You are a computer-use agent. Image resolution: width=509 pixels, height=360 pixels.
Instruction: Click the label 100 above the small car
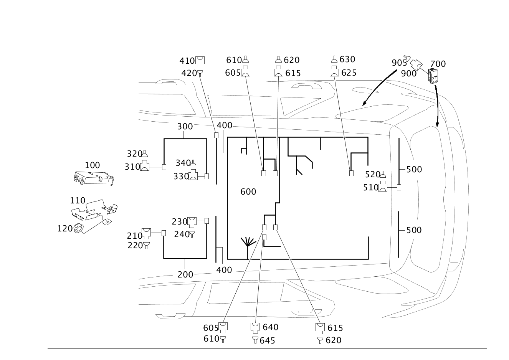coord(92,165)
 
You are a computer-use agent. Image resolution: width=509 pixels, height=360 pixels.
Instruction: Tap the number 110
coord(78,200)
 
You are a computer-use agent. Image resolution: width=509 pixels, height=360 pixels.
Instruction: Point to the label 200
coord(185,274)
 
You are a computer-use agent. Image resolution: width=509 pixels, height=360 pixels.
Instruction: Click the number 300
coord(185,126)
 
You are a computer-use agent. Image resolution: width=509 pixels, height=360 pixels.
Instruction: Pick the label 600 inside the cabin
coord(248,191)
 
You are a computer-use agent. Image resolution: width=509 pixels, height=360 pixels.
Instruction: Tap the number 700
coord(438,64)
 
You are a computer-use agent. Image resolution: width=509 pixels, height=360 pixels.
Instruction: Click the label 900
coord(408,74)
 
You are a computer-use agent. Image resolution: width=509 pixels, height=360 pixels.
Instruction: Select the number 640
coord(271,327)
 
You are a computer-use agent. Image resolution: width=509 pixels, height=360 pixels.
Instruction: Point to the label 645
coord(267,340)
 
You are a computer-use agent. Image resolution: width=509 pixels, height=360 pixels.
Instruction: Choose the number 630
coord(347,59)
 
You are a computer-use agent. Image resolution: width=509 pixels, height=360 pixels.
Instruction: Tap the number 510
coord(370,187)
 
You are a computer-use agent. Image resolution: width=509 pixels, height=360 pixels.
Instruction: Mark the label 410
coord(187,60)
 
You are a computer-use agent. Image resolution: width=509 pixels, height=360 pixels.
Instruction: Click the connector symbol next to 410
coord(200,61)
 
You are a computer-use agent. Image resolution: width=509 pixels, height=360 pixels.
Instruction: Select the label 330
coord(181,176)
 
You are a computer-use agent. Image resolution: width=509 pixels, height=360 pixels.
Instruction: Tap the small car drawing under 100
coord(94,178)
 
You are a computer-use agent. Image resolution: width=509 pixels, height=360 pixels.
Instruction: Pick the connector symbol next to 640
coord(255,327)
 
